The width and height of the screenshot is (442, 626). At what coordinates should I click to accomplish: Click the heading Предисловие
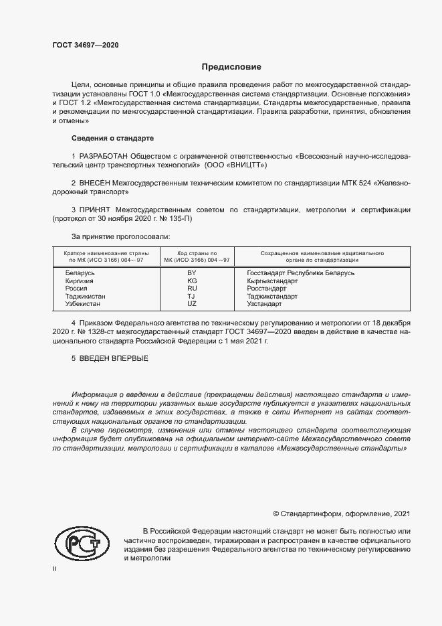[x=231, y=67]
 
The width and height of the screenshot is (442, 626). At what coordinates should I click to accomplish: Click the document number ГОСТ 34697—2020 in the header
[x=86, y=44]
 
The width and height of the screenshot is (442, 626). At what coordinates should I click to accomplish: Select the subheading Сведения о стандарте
[x=112, y=138]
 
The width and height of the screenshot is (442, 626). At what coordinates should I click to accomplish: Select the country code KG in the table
[x=192, y=281]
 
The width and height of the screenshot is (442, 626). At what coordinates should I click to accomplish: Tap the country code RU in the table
[x=192, y=289]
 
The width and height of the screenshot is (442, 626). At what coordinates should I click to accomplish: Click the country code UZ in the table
[x=192, y=303]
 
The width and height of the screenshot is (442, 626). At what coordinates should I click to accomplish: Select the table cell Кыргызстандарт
[x=271, y=281]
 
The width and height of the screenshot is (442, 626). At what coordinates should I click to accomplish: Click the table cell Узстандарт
[x=264, y=303]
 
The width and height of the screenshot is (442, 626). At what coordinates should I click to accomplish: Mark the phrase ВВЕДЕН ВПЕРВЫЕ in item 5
[x=114, y=359]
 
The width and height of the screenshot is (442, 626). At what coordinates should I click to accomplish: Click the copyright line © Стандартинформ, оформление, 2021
[x=341, y=514]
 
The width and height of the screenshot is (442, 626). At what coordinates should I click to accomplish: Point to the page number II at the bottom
[x=54, y=568]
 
